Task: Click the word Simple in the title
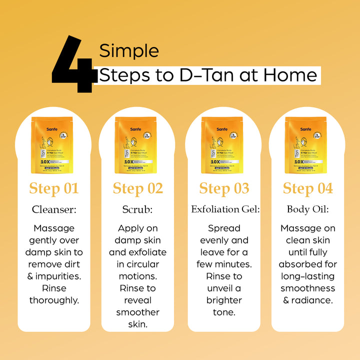pos(129,51)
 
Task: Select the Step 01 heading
pos(54,188)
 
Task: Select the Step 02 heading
pos(138,188)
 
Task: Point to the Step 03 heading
pos(224,188)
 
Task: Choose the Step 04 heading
pos(307,188)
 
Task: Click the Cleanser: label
pos(54,209)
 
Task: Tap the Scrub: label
pos(138,209)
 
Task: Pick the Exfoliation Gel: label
pos(225,209)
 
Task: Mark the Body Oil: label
pos(307,209)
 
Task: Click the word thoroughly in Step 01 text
pos(54,300)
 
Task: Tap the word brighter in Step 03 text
pos(224,300)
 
